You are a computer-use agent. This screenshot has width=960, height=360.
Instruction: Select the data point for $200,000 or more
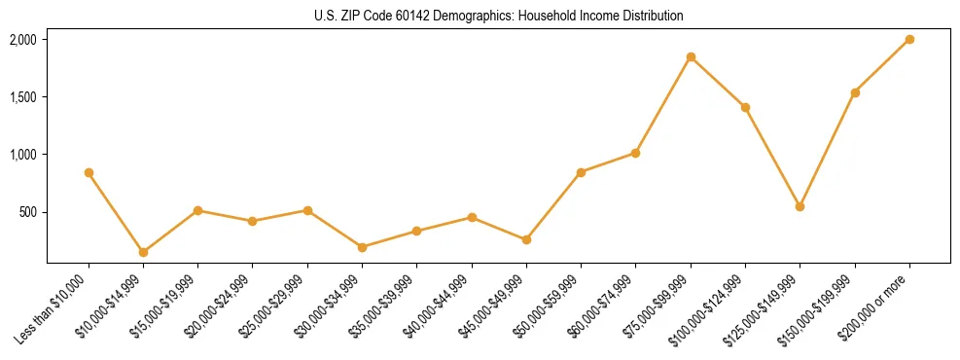(909, 39)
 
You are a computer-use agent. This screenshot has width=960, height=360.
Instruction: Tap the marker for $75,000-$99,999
(691, 56)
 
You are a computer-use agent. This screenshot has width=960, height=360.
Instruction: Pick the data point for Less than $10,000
(89, 172)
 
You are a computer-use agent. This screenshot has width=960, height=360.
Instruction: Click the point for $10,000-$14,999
(143, 252)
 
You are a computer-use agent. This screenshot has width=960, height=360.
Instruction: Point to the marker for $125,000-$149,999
(800, 206)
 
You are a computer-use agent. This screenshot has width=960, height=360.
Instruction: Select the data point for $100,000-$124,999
(745, 107)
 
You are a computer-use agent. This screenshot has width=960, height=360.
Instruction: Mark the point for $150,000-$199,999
(855, 92)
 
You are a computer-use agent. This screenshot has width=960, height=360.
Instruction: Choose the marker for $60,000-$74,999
(636, 153)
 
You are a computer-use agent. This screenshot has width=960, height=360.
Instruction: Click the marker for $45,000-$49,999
(526, 239)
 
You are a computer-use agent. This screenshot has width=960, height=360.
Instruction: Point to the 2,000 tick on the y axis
(22, 40)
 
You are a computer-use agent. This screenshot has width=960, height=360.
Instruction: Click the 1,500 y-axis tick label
(22, 97)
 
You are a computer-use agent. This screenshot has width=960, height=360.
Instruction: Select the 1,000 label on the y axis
(22, 155)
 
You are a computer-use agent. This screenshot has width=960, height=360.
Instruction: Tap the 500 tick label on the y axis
(27, 212)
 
